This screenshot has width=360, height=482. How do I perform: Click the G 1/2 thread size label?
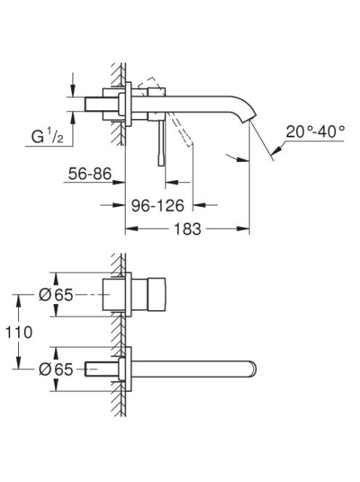[x=47, y=136]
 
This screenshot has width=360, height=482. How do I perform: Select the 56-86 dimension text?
[x=90, y=173]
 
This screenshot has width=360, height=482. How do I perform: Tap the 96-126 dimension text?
[x=157, y=205]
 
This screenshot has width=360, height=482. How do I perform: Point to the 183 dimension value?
[x=187, y=229]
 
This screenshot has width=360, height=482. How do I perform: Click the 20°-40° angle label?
[x=315, y=131]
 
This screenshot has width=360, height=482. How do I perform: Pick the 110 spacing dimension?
[x=19, y=332]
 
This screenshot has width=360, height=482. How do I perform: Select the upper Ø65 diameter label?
[x=56, y=295]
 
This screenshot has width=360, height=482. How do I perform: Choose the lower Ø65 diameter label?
[x=56, y=369]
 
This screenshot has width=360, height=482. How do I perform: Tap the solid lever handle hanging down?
[x=161, y=142]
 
